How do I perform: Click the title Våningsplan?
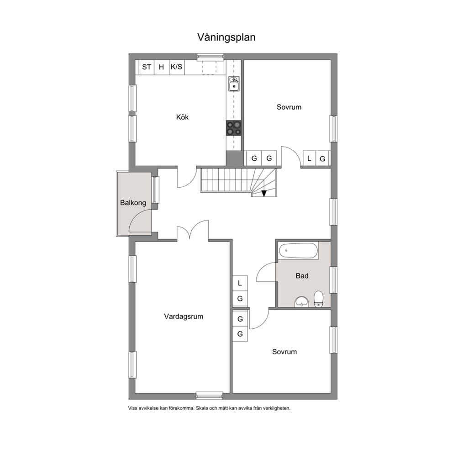[226, 37]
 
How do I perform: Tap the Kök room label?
[182, 117]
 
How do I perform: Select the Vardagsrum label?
[184, 316]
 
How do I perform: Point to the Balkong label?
[133, 203]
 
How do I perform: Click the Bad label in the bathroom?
[302, 276]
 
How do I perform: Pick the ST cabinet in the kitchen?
[147, 67]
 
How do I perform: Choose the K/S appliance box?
[177, 67]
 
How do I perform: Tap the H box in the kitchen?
[162, 67]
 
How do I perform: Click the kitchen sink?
[234, 84]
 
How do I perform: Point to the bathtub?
[299, 251]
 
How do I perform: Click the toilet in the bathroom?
[318, 299]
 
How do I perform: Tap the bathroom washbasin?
[301, 302]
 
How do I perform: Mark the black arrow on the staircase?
[264, 193]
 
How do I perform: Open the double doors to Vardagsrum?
[192, 230]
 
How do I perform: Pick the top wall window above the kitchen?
[211, 57]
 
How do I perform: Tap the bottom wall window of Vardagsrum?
[210, 395]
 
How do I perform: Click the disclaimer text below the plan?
[209, 408]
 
